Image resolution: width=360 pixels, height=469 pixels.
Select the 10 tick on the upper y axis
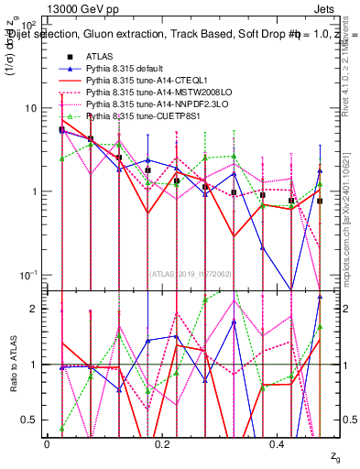coord(32,108)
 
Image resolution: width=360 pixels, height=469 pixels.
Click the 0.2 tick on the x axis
coord(163,443)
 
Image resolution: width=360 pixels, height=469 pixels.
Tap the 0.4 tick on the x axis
coord(279,443)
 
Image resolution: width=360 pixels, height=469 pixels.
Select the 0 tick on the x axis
coord(47,443)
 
